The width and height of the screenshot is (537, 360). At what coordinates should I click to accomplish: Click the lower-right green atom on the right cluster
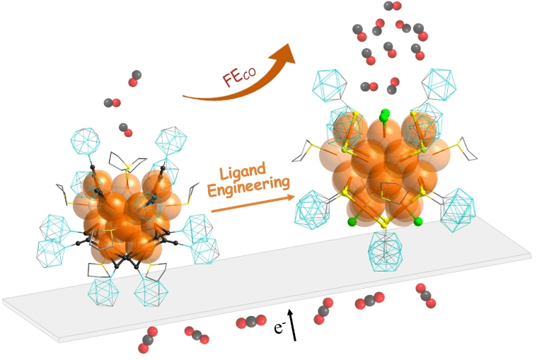(x=418, y=221)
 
